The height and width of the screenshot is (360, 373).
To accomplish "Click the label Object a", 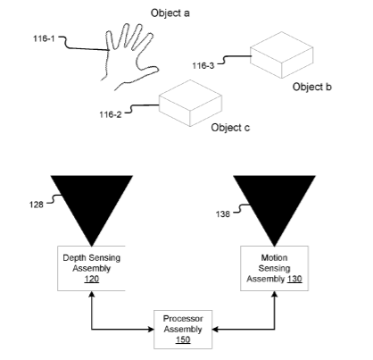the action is coord(170,13).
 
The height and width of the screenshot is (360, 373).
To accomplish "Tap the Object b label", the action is coord(311,87).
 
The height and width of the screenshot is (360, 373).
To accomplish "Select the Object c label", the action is coord(230,128).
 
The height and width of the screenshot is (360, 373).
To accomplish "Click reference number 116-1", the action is coord(44,38).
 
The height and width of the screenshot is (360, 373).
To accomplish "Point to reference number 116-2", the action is coord(111,114).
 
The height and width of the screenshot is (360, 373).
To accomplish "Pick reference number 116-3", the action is coord(203,65).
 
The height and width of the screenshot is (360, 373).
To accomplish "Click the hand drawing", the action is coord(129,56).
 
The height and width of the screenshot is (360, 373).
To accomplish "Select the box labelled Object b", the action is coord(281,55).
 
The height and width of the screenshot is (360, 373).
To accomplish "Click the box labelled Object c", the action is coord(190,103).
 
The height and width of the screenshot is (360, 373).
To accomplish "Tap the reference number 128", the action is coord(37,205).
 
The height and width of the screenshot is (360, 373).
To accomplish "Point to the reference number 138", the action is coord(223,213).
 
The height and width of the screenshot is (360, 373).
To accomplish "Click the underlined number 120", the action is coord(92,279).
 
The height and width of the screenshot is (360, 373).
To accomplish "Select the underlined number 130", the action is coord(294,279).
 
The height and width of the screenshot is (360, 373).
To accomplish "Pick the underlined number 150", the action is coord(183,339).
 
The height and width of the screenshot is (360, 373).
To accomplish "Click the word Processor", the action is coord(183,319).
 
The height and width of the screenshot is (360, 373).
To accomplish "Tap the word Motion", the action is coord(274,257).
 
